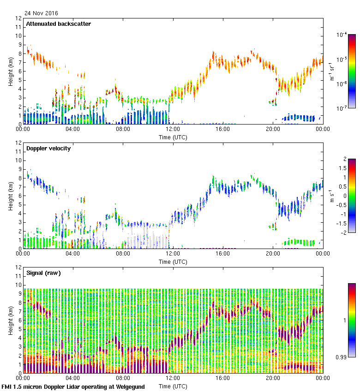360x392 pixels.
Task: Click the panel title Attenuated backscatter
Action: pyautogui.click(x=58, y=24)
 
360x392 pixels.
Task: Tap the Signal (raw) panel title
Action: pyautogui.click(x=43, y=273)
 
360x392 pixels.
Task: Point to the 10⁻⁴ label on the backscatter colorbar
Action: pyautogui.click(x=342, y=35)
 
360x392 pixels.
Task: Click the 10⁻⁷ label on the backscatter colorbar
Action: pyautogui.click(x=342, y=108)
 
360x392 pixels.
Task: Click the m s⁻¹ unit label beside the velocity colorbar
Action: pyautogui.click(x=332, y=196)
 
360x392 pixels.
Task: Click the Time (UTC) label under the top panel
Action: pyautogui.click(x=173, y=137)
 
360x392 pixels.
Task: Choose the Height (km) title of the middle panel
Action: pyautogui.click(x=10, y=196)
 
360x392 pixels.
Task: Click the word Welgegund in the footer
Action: pyautogui.click(x=128, y=387)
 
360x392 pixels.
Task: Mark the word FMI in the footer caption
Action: pyautogui.click(x=7, y=387)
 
